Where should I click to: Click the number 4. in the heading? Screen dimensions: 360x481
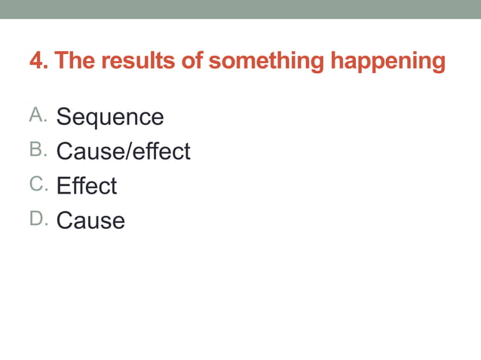pyautogui.click(x=38, y=60)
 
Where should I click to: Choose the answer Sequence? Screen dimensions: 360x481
pyautogui.click(x=110, y=117)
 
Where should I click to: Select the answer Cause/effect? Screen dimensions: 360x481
pyautogui.click(x=124, y=151)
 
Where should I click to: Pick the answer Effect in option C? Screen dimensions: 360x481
pyautogui.click(x=87, y=186)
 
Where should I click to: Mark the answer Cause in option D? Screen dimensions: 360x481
pyautogui.click(x=90, y=221)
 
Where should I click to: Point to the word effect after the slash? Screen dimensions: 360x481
pyautogui.click(x=161, y=151)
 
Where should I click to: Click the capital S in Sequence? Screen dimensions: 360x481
pyautogui.click(x=64, y=117)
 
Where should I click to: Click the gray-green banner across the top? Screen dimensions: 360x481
pyautogui.click(x=240, y=9)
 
